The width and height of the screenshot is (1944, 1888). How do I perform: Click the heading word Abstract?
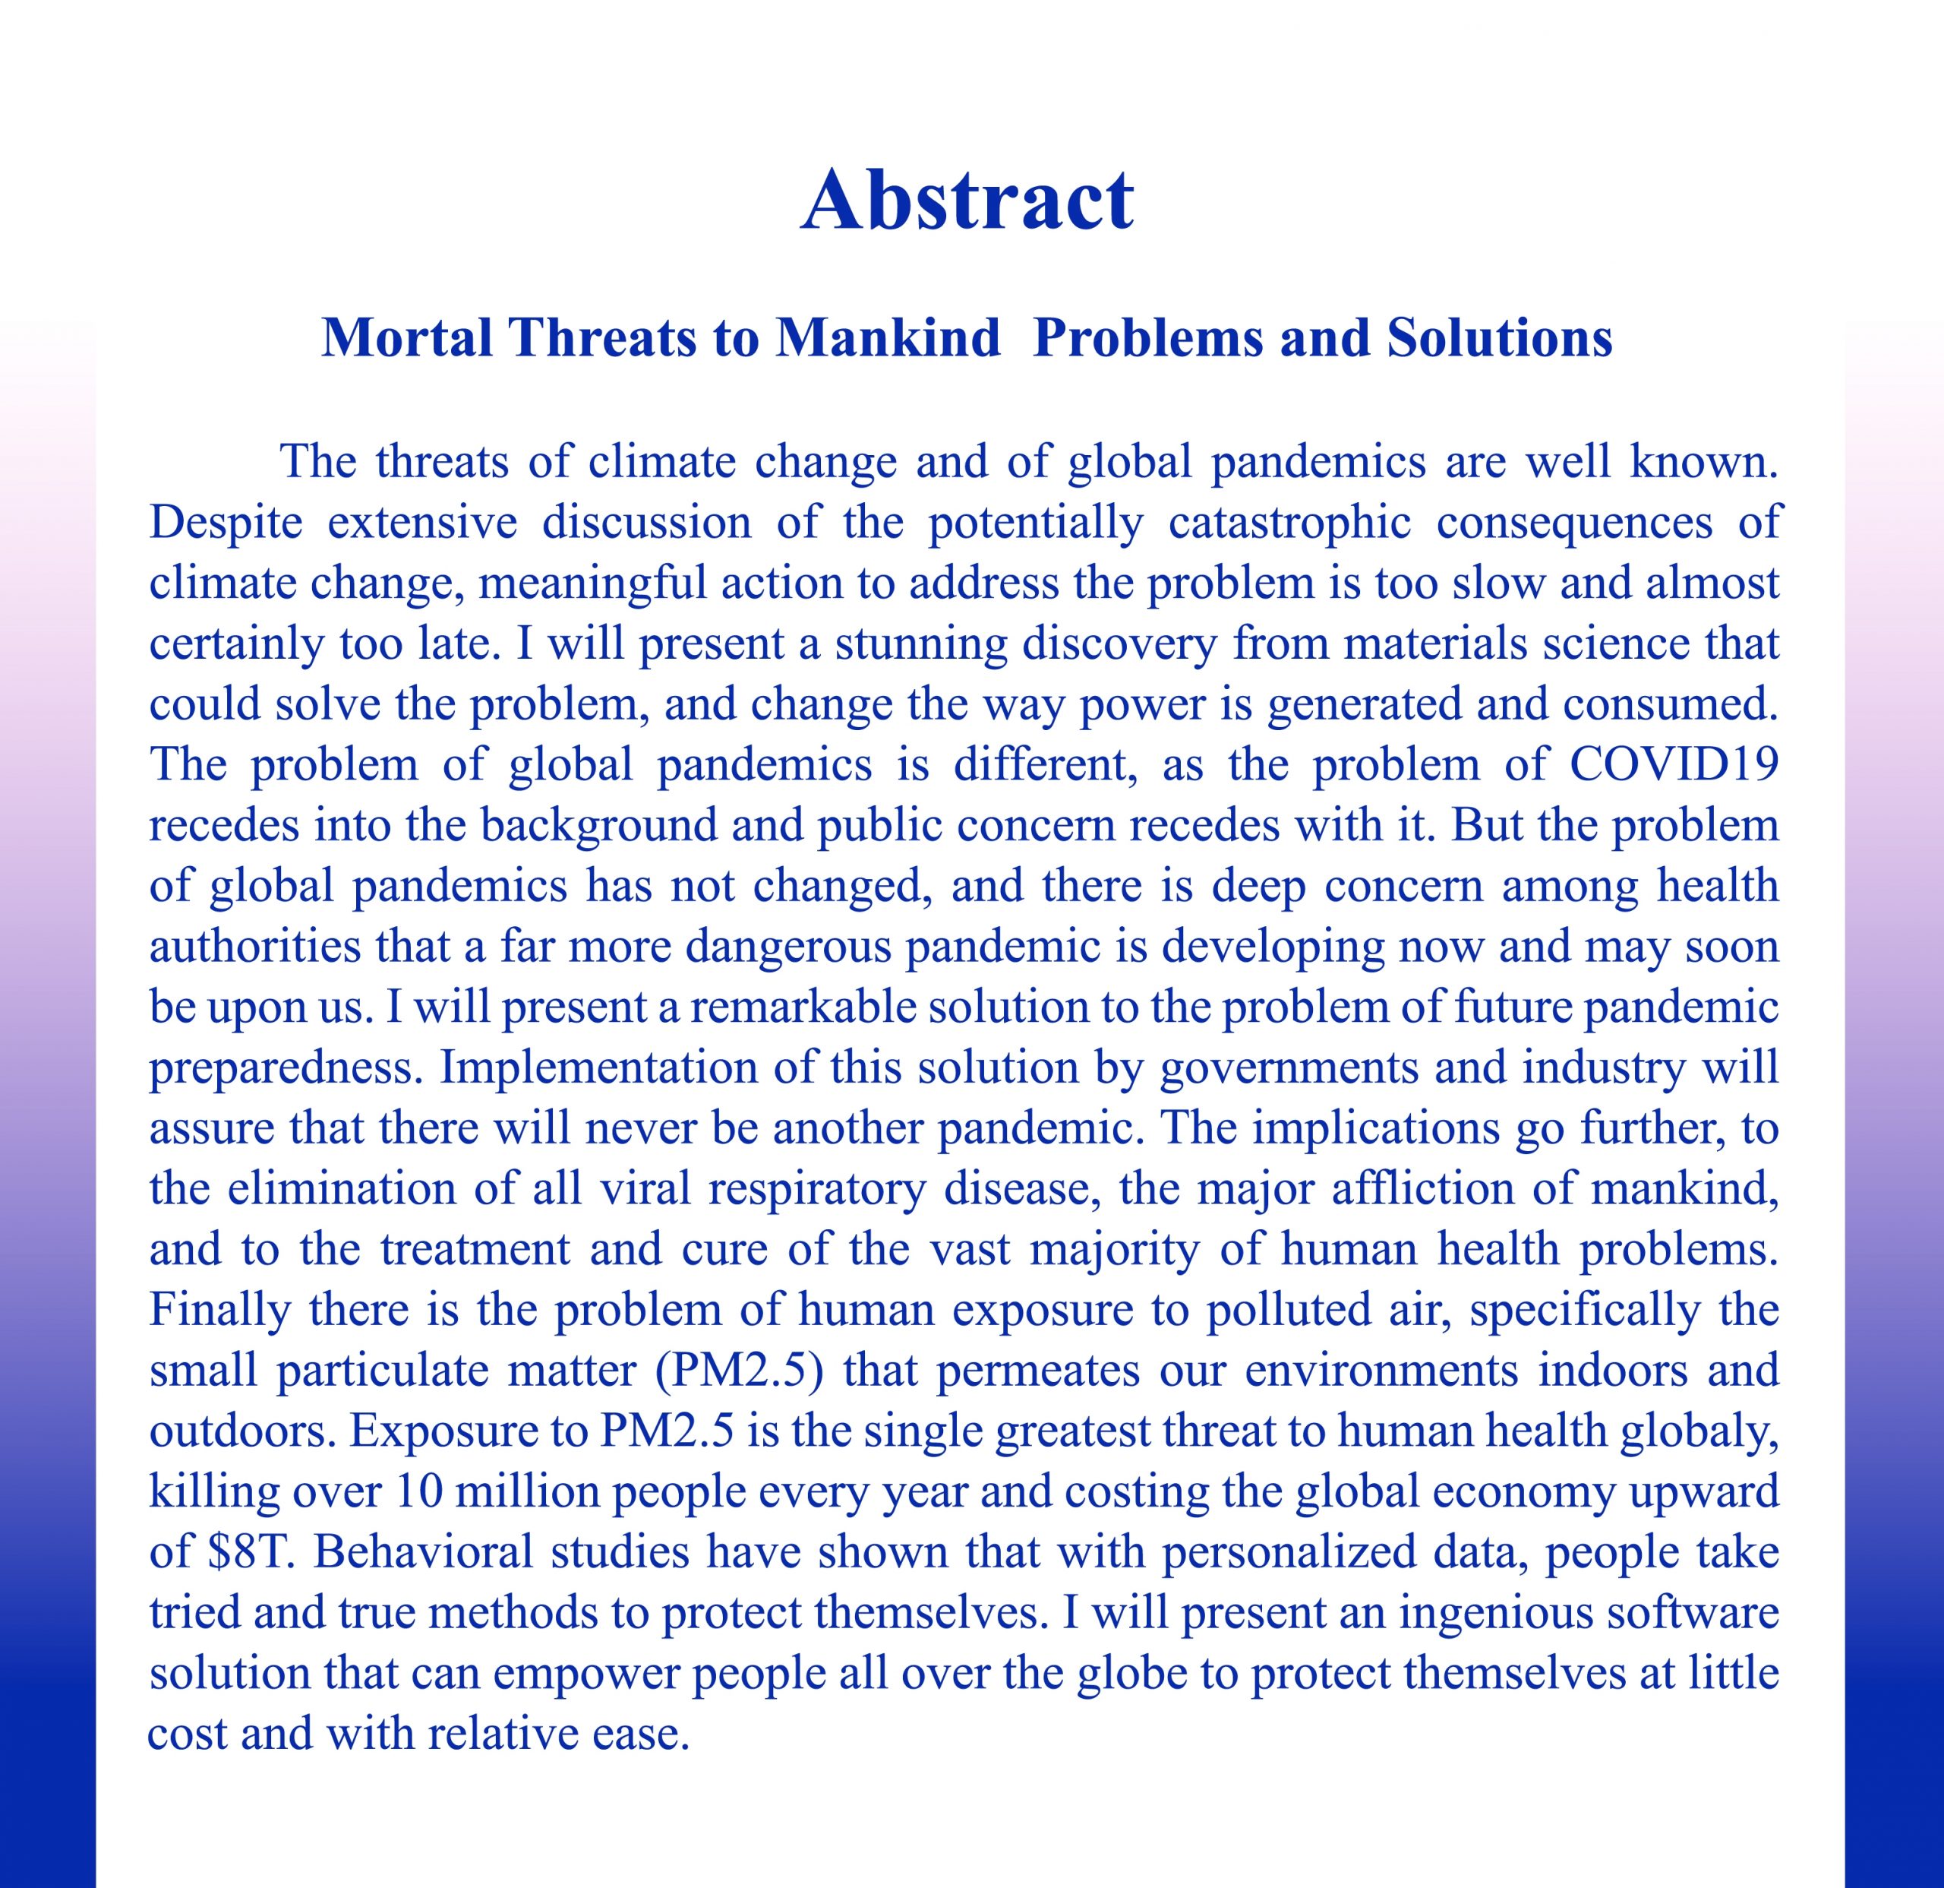point(967,201)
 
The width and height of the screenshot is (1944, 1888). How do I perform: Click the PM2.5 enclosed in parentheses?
point(748,1371)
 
